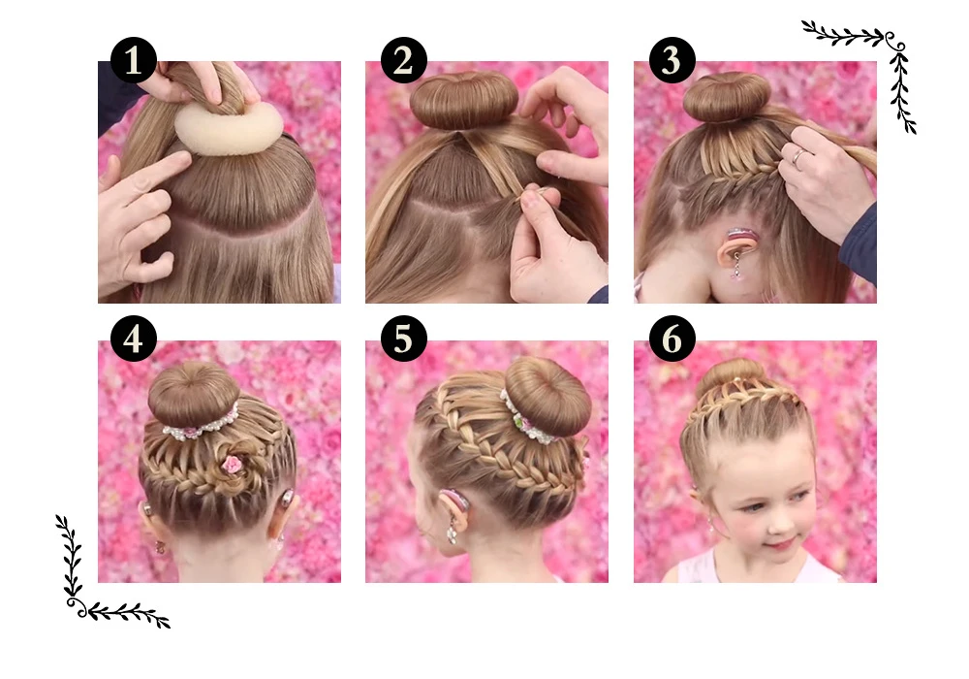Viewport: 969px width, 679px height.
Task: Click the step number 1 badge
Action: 134,60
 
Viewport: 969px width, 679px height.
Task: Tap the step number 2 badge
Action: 403,60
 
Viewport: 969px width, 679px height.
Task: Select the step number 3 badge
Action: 672,60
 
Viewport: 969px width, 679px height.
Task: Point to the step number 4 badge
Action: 134,339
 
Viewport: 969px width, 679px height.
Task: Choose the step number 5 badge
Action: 403,339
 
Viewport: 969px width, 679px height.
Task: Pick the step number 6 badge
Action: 672,339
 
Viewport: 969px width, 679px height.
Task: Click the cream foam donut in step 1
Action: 229,129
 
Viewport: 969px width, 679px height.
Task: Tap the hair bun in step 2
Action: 463,100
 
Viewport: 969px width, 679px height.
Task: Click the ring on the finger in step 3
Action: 798,157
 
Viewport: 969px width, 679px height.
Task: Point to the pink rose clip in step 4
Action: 232,464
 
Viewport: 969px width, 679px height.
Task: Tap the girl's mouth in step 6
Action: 780,544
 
